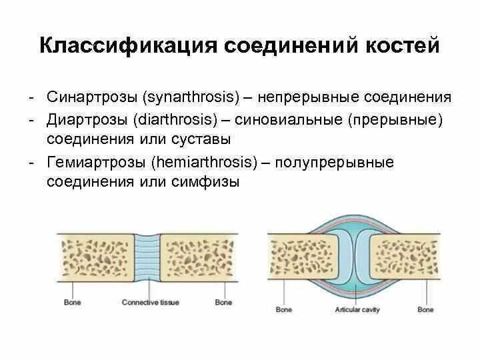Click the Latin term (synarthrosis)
[x=191, y=97]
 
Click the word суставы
[x=200, y=139]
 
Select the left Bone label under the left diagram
[x=72, y=303]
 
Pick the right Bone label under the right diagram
[x=425, y=310]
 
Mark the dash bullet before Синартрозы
[x=32, y=97]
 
